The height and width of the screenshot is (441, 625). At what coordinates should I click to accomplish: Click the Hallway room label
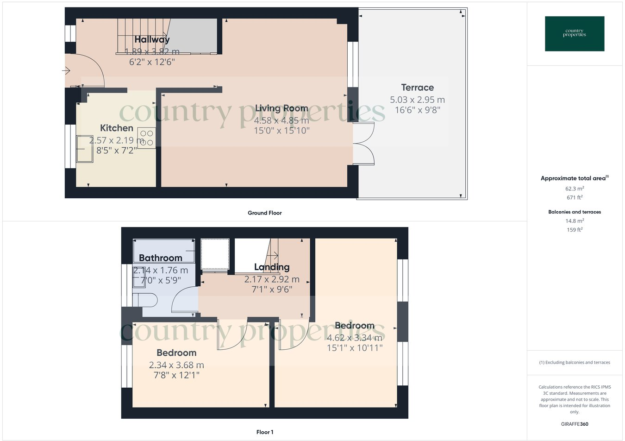(x=152, y=39)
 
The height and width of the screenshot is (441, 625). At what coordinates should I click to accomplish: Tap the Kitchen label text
(x=117, y=128)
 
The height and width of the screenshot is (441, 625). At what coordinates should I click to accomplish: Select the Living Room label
(x=281, y=108)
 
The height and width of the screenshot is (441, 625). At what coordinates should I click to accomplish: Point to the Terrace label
(x=417, y=88)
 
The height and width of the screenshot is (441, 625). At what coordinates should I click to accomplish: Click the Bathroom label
(x=161, y=258)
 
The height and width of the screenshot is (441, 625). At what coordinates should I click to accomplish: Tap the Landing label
(x=272, y=267)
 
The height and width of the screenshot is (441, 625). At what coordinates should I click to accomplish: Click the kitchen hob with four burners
(x=146, y=138)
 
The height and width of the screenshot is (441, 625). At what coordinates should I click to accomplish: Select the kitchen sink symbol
(x=85, y=149)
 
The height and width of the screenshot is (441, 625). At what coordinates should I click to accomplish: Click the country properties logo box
(x=575, y=33)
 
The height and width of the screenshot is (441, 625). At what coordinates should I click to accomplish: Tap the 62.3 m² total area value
(x=575, y=189)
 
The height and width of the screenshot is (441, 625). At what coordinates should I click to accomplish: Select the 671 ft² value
(x=575, y=197)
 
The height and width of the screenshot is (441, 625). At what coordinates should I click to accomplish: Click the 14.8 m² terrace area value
(x=575, y=221)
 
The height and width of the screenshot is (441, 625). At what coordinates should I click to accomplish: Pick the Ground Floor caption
(x=264, y=213)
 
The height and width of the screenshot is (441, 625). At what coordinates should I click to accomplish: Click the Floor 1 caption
(x=264, y=432)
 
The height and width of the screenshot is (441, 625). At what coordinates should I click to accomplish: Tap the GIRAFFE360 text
(x=575, y=424)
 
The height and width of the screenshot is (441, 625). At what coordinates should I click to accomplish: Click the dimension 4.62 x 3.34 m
(x=355, y=338)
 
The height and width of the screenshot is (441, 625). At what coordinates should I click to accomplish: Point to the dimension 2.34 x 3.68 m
(x=176, y=365)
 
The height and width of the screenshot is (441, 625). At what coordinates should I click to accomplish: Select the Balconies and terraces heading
(x=575, y=212)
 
